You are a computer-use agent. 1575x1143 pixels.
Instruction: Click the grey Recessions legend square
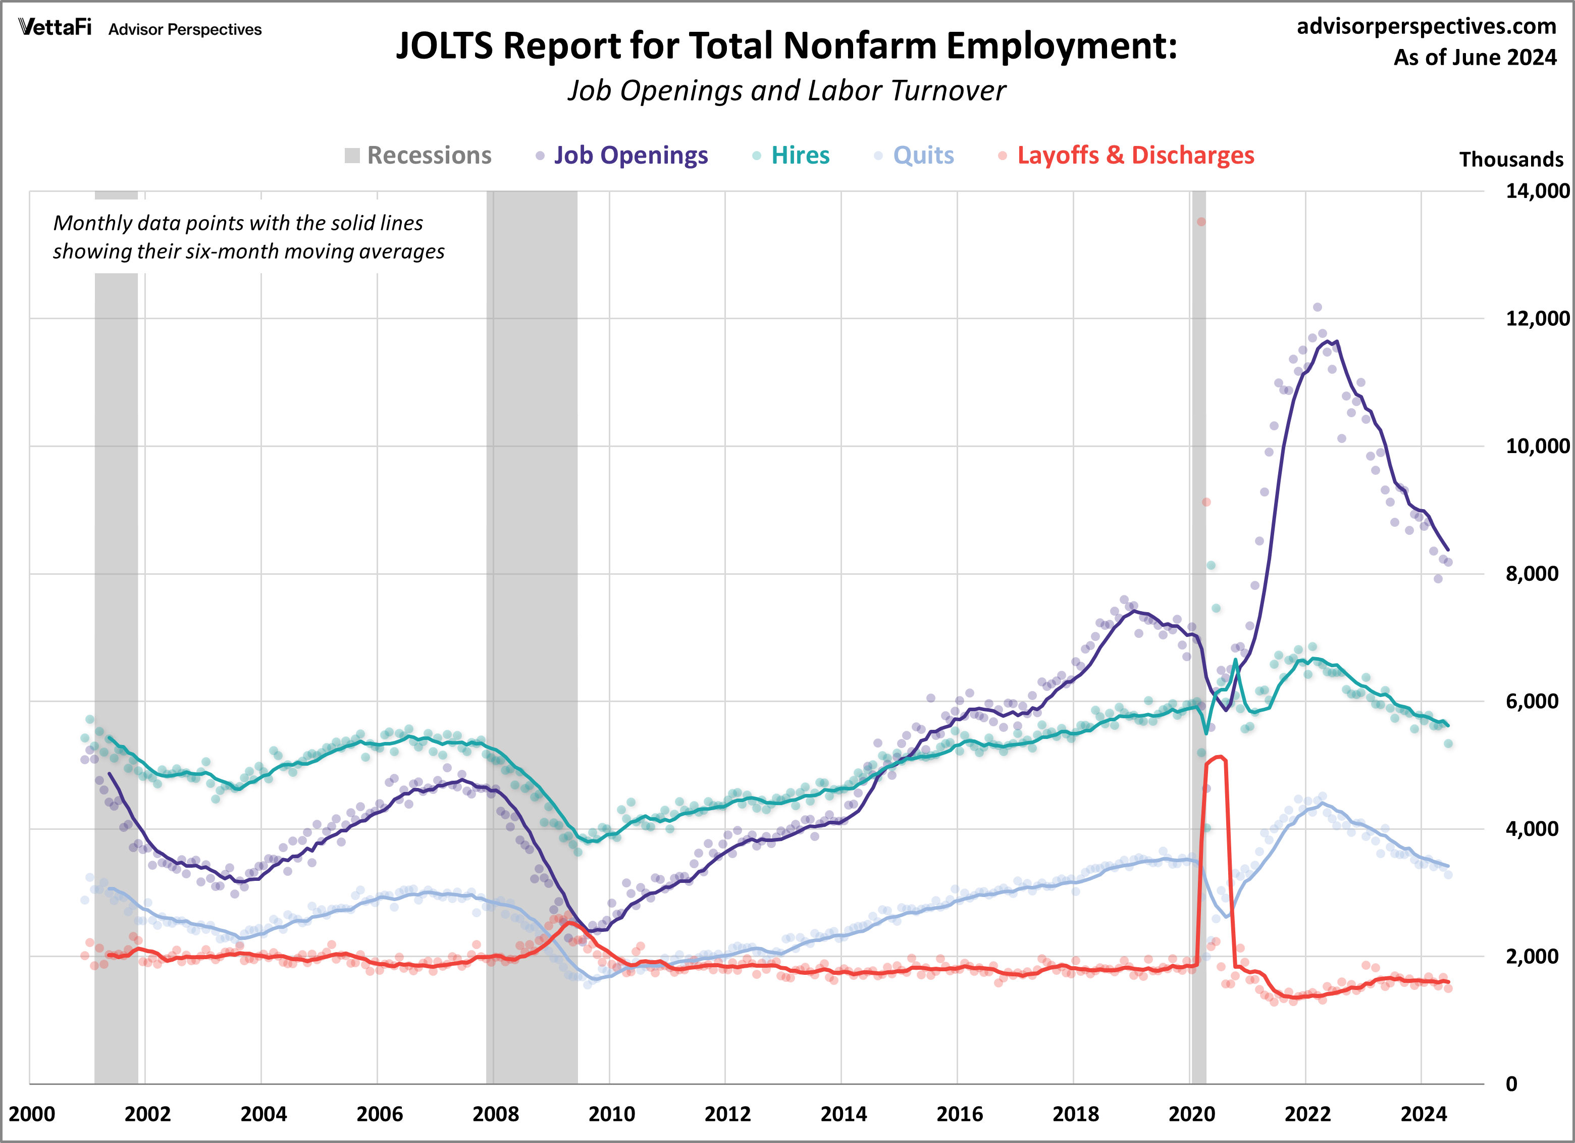pos(352,156)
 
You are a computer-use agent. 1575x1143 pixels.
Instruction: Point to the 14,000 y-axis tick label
pos(1537,190)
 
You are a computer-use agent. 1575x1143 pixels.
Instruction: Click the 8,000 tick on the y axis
pos(1531,574)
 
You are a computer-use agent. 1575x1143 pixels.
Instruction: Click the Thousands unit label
pos(1510,160)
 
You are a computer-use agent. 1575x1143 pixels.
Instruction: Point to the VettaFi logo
pos(55,27)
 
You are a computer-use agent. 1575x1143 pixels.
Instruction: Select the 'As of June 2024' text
pos(1475,58)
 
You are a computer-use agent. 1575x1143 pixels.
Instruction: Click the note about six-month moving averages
pos(248,237)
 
